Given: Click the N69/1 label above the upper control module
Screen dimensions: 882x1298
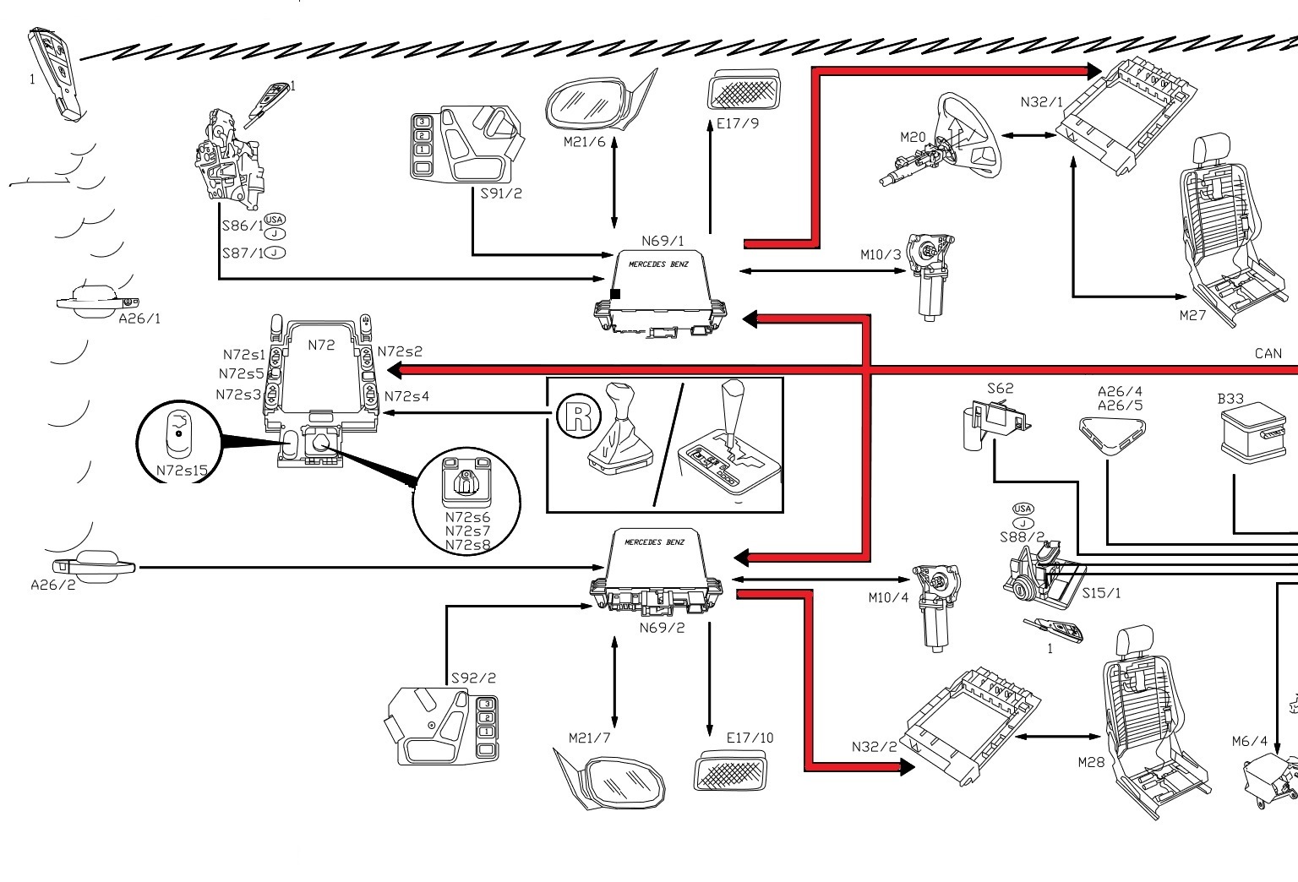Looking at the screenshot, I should tap(663, 241).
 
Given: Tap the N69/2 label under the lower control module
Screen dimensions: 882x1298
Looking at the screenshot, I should tap(662, 628).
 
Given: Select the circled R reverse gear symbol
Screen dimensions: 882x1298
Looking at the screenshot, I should tap(578, 416).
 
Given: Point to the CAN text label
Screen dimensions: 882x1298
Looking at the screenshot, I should tap(1268, 354).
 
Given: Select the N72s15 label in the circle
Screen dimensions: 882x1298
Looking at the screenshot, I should tap(181, 470).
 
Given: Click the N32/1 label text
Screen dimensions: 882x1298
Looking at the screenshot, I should tap(1041, 102).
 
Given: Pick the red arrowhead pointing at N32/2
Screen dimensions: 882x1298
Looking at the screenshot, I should tap(906, 766).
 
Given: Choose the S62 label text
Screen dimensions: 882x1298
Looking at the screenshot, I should tap(1000, 389).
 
